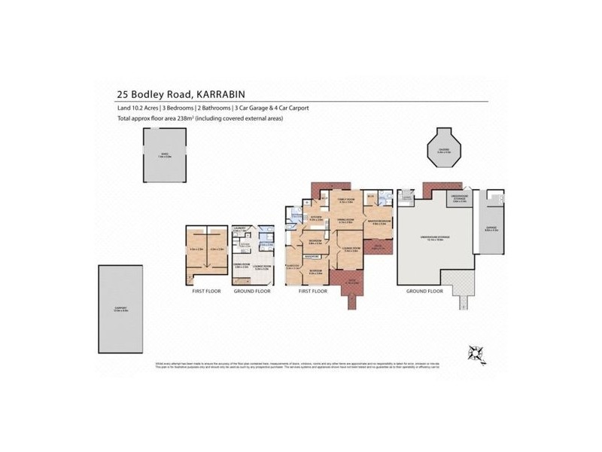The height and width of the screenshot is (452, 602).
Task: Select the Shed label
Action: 165,156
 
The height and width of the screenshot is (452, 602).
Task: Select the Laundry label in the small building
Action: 242,229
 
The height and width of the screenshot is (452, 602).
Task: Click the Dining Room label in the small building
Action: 242,266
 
